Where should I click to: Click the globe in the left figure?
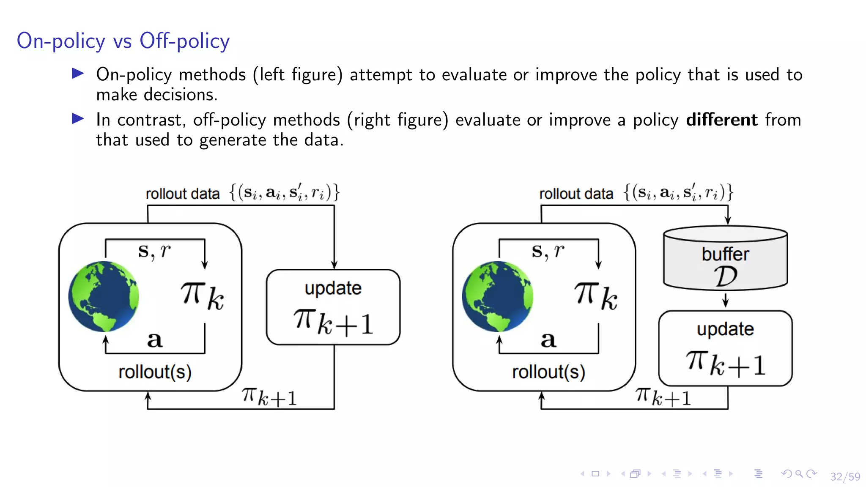pos(104,296)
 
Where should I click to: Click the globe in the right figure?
pos(497,296)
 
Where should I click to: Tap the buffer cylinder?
pos(725,258)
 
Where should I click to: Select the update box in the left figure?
pos(333,307)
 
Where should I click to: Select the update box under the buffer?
pos(725,348)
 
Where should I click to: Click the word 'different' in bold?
pos(722,120)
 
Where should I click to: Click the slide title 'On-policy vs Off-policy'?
pos(123,41)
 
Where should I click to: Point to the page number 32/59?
pos(845,477)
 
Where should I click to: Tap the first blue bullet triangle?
pos(78,74)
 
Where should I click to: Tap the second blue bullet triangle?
pos(78,119)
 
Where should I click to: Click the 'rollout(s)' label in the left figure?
pos(155,372)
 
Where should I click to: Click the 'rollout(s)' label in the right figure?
pos(548,372)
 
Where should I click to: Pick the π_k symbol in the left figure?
pos(202,295)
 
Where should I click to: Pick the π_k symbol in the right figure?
pos(596,295)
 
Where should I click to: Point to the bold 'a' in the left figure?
pos(155,339)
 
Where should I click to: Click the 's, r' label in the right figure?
pos(548,251)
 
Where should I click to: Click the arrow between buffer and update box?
pos(726,300)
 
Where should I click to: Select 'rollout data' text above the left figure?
pos(183,194)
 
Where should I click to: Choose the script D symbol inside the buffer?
pos(726,276)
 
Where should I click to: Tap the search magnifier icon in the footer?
pos(799,474)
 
